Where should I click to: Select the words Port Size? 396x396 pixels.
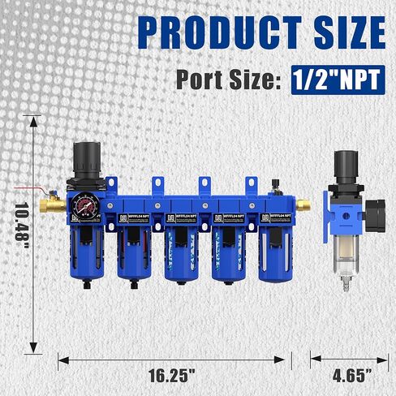click(x=226, y=80)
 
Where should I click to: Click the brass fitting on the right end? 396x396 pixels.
click(x=302, y=204)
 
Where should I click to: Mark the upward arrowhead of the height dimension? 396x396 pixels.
click(x=33, y=122)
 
